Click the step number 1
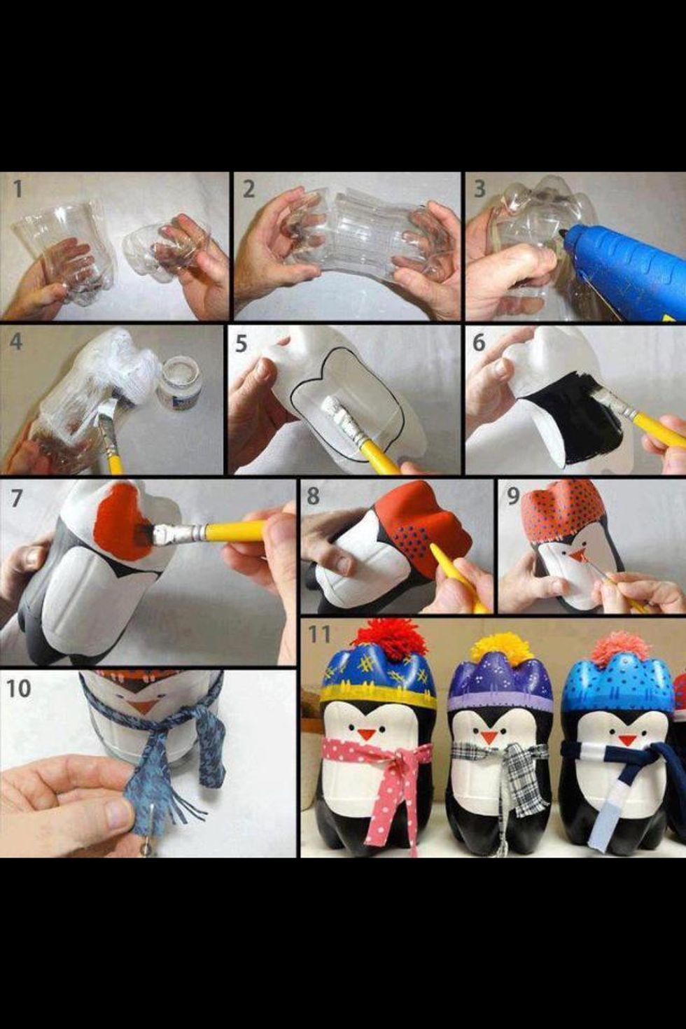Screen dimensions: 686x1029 click(17, 189)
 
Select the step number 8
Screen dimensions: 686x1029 click(313, 496)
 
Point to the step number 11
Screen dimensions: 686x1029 click(319, 634)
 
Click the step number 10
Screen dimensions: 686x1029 click(18, 688)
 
